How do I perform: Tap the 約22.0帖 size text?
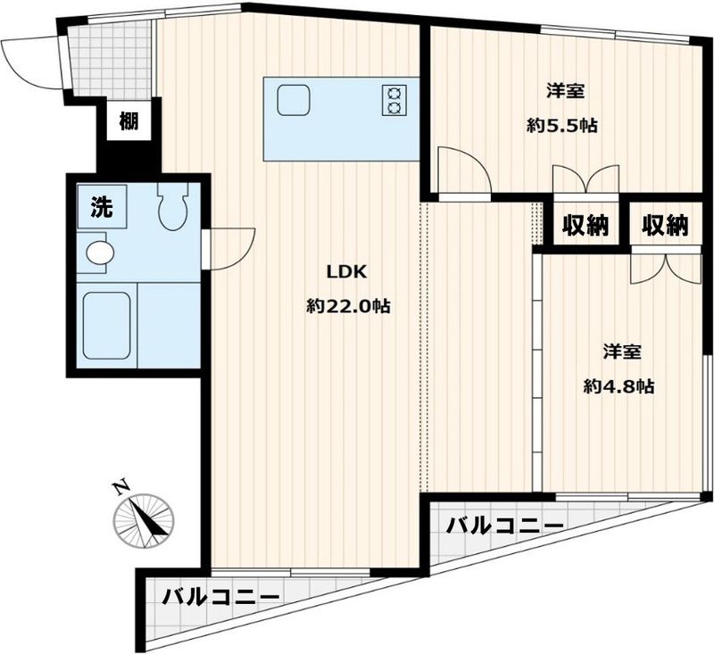(348, 306)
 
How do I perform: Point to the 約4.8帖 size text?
(619, 386)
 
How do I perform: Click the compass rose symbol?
(143, 519)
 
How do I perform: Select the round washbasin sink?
(98, 252)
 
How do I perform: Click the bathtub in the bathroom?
(107, 326)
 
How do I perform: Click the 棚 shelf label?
(129, 122)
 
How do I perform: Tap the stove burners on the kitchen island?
(394, 99)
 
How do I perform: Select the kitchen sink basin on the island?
(293, 99)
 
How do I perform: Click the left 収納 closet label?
(585, 226)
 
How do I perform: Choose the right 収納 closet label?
(666, 226)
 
